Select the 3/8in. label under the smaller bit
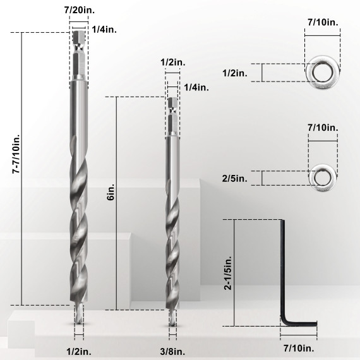172,351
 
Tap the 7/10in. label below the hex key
297,347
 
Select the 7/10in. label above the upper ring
323,22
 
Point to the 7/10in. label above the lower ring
323,128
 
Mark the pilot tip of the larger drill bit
78,316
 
